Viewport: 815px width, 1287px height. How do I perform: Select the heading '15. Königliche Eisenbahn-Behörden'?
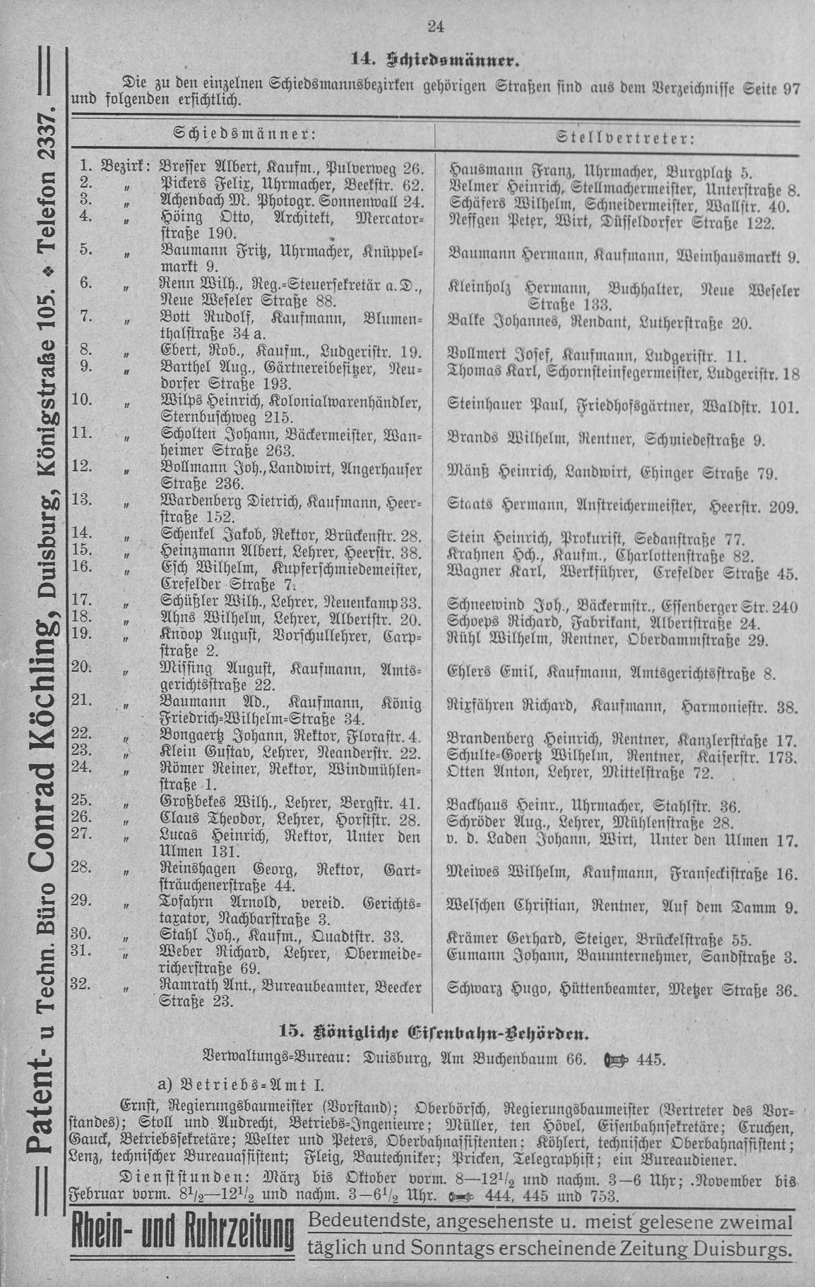tap(434, 1034)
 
